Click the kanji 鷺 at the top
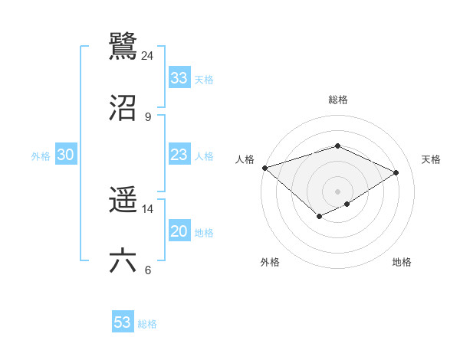pos(123,45)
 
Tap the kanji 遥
pos(123,201)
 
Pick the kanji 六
pos(123,260)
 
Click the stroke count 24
pos(147,56)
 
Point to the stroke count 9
pos(147,116)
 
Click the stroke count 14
pos(147,209)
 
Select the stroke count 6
pos(147,270)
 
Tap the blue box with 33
pos(179,78)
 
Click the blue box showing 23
pos(179,155)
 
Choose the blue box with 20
pos(179,231)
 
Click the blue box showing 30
pos(66,155)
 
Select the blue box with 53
pos(123,322)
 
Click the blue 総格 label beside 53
pos(147,324)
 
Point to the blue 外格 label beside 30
pos(41,155)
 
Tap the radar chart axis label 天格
pos(432,159)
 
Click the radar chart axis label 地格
pos(402,262)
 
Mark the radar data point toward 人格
pos(264,167)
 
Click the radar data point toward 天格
pos(396,172)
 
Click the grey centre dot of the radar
pos(337,191)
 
